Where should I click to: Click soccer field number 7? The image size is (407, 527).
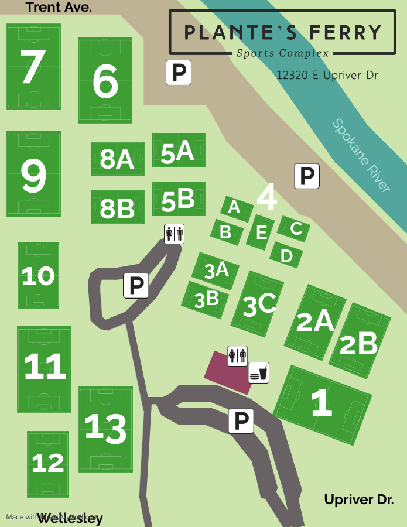[x=33, y=67]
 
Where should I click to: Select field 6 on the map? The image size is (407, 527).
[x=105, y=80]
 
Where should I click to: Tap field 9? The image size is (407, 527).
[x=33, y=174]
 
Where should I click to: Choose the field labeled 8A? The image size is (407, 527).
[x=117, y=159]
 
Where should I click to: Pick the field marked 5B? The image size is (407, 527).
[x=178, y=200]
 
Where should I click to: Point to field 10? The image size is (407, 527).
[x=38, y=275]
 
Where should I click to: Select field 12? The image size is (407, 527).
[x=47, y=464]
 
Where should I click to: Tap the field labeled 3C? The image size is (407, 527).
[x=257, y=303]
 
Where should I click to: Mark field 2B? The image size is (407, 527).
[x=360, y=341]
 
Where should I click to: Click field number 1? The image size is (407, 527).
[x=322, y=404]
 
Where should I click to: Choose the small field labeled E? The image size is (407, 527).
[x=261, y=232]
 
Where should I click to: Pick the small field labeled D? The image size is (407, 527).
[x=286, y=255]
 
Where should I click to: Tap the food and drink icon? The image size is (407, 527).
[x=259, y=372]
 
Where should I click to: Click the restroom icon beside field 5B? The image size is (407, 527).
[x=174, y=234]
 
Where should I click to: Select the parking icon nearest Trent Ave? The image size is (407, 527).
[x=179, y=73]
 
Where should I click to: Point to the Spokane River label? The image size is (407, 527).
[x=361, y=155]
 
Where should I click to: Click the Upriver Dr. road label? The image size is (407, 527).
[x=358, y=499]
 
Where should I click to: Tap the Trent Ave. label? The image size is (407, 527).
[x=59, y=7]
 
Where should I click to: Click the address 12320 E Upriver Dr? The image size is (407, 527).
[x=327, y=76]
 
